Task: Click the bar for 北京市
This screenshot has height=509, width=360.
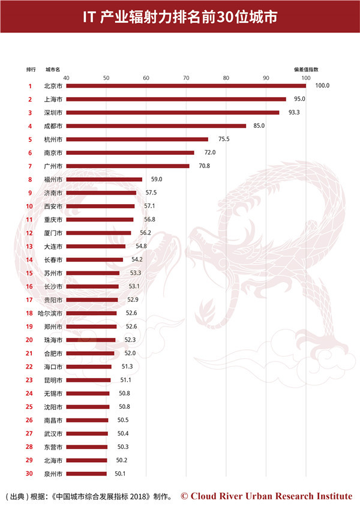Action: (186, 86)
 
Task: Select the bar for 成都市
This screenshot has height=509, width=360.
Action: (156, 126)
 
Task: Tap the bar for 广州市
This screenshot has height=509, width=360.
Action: (127, 166)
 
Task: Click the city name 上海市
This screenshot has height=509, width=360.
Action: (53, 99)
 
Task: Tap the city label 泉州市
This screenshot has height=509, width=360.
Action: (53, 474)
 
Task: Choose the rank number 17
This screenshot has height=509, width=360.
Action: (29, 300)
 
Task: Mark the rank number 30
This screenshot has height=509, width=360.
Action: (29, 474)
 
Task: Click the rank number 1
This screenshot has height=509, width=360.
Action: (29, 86)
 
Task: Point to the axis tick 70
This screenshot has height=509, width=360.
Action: (186, 78)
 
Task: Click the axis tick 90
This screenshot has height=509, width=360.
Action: (266, 78)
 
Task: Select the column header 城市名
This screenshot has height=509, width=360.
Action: (53, 70)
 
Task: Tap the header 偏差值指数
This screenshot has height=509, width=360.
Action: (306, 70)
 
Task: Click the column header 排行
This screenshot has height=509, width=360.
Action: (31, 70)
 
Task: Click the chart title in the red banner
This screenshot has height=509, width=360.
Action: (180, 17)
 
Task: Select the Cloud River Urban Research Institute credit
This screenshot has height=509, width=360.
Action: (266, 496)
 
